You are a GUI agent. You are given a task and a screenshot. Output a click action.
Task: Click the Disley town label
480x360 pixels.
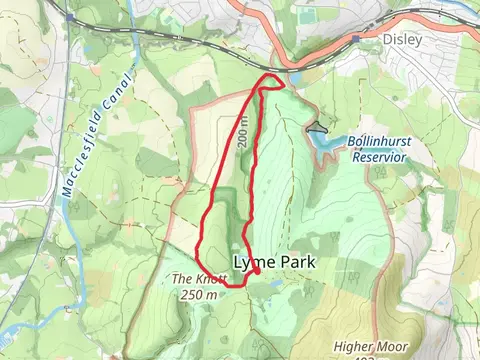[402, 40]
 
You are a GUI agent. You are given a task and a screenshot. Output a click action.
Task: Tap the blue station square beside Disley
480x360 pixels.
[356, 40]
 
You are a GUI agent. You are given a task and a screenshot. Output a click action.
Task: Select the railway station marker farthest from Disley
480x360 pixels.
[70, 17]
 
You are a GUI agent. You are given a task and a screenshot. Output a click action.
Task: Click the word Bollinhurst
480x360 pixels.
[379, 142]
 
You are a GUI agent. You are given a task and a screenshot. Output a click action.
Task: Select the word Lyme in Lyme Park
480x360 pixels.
[252, 262]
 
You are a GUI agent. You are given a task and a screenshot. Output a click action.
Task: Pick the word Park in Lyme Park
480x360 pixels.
[297, 262]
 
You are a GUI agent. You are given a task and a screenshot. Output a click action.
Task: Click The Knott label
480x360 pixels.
[194, 280]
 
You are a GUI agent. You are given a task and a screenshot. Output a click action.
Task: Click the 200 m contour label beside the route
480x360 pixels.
[243, 131]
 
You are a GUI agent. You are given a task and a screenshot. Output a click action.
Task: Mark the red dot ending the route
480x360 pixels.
[257, 271]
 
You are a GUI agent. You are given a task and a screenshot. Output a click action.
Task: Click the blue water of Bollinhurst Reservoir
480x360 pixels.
[330, 145]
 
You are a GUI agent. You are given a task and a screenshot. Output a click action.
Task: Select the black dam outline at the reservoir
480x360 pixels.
[317, 127]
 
